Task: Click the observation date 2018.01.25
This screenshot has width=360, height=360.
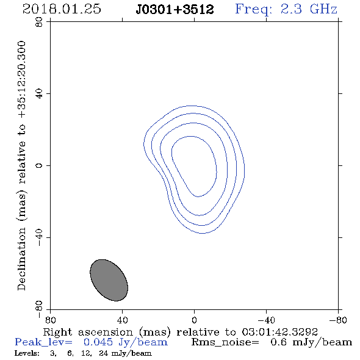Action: pos(62,9)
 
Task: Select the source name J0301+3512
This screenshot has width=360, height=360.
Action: pos(175,9)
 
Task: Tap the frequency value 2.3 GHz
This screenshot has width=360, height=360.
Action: pos(309,9)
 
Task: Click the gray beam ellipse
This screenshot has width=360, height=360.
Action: pos(109,280)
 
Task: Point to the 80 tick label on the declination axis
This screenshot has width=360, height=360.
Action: pos(39,22)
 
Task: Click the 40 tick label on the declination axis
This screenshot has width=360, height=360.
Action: pos(39,94)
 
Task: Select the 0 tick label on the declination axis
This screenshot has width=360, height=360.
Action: pos(39,165)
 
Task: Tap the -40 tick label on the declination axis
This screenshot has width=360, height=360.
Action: pos(39,237)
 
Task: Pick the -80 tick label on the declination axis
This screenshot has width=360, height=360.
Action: pos(39,309)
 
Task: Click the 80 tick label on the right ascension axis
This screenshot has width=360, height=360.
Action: pos(50,320)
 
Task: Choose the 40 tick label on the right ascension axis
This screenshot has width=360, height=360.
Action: pos(122,320)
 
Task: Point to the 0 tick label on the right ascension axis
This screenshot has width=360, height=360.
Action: pos(194,320)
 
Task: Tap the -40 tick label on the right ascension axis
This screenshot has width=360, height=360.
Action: pos(266,320)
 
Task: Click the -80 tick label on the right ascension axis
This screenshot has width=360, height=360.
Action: pos(338,320)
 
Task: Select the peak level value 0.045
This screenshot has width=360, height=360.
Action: pos(98,342)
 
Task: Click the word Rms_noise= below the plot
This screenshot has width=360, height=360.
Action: pos(225,342)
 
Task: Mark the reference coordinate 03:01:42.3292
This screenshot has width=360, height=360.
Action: pos(280,332)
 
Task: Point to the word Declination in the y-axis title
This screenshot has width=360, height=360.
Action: pos(21,259)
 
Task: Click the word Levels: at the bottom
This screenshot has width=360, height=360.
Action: pos(27,353)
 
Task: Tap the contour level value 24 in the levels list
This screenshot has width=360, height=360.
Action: pos(104,353)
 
